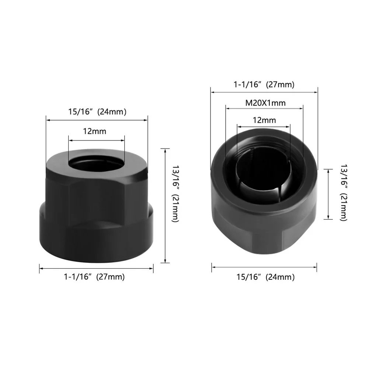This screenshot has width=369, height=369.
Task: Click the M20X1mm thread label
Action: tap(265, 103)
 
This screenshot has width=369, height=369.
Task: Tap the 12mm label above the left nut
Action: tap(95, 131)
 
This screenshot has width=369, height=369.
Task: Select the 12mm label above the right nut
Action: tap(264, 120)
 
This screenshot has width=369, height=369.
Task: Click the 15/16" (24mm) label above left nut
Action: tap(97, 112)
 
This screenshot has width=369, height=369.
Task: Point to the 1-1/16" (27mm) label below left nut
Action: tap(94, 276)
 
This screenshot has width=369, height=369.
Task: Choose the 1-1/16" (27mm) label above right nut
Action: tap(264, 84)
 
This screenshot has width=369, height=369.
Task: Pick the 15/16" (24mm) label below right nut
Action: tap(265, 277)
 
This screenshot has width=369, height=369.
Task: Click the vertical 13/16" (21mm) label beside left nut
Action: tap(175, 194)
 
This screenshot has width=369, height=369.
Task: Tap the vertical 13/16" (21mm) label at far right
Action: tap(344, 192)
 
